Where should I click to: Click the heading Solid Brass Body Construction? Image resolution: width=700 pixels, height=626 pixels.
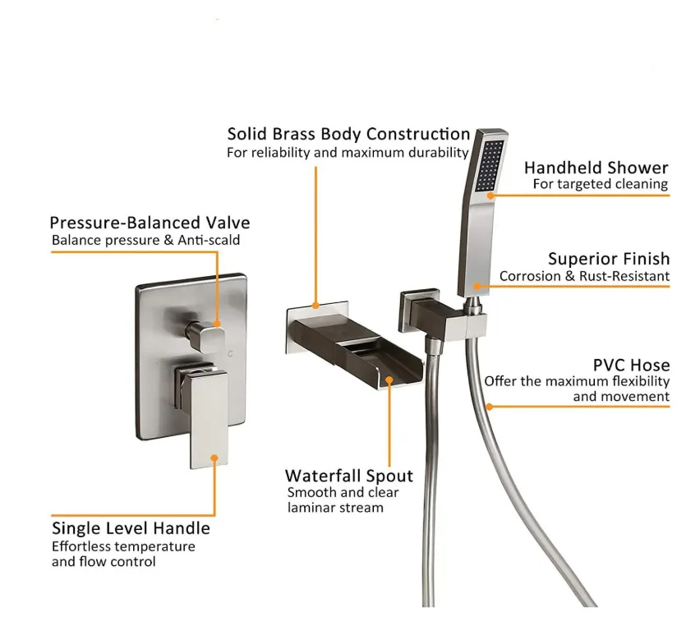click(348, 134)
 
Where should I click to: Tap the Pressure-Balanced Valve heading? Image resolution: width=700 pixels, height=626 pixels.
click(150, 223)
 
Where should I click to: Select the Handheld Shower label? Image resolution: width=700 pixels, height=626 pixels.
click(596, 168)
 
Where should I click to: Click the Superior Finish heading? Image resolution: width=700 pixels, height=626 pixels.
click(608, 259)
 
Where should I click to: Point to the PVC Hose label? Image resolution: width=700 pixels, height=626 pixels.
click(631, 365)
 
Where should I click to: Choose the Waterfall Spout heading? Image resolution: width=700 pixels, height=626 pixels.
click(348, 476)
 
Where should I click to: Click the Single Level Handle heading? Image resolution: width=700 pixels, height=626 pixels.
click(131, 528)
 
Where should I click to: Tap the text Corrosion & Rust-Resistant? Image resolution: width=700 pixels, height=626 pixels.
click(584, 277)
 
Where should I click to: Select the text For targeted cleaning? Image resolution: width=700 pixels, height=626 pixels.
click(600, 184)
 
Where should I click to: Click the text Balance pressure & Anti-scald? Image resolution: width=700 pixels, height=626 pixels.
click(146, 240)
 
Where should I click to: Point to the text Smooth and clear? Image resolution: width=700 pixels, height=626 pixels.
click(343, 492)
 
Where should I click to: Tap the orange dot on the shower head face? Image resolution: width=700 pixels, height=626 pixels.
click(490, 196)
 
